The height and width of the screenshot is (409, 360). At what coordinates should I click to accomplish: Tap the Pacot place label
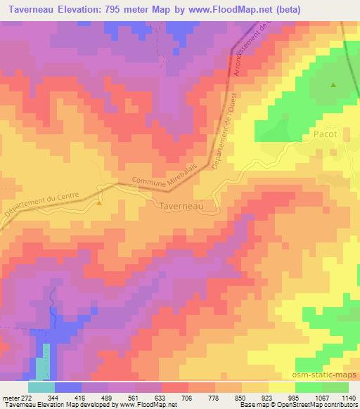326,134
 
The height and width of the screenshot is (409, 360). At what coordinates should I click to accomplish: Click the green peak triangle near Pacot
333,85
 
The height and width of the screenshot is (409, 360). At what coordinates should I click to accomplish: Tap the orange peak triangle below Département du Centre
99,204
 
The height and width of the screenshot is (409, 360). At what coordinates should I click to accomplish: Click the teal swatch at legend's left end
41,387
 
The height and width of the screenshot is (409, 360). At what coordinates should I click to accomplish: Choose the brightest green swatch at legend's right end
335,387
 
